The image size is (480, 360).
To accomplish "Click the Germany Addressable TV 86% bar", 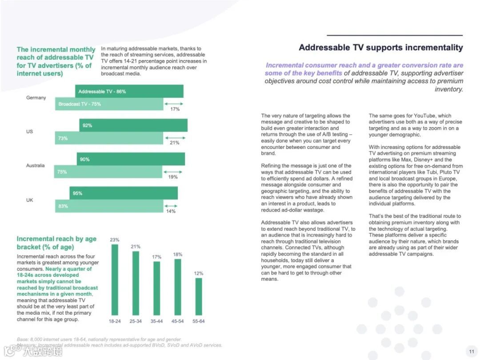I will point(129,91).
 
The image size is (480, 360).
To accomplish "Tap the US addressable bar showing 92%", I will point(133,125).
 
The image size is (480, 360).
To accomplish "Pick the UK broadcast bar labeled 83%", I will point(109,206).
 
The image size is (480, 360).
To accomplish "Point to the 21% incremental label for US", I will point(175,143).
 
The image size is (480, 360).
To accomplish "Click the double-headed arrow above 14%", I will point(171,206).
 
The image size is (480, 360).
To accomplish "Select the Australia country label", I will point(36,165).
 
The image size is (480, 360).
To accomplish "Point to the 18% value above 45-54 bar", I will point(178,254).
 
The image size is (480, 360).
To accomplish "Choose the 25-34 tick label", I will point(136,321).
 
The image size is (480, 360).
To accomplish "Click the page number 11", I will point(472,351).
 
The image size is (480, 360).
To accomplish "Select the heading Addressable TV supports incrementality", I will point(380,48).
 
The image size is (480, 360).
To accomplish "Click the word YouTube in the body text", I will point(432,116).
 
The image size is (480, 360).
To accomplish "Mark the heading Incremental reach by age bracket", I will point(56,243).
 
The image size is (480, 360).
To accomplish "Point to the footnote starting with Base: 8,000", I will point(99,339).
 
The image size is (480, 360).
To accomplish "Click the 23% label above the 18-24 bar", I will point(115,240).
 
